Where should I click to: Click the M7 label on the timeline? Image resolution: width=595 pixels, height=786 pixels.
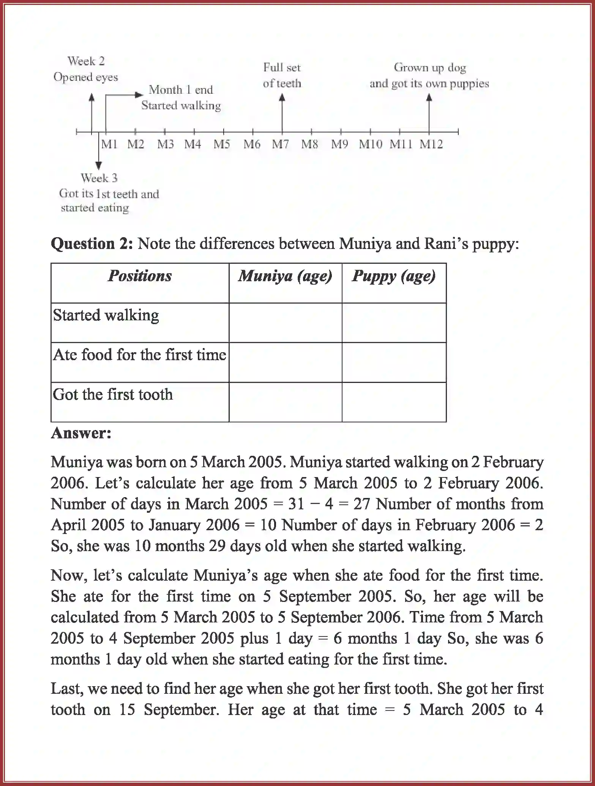[x=280, y=145]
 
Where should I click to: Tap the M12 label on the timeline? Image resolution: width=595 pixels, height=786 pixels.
[x=431, y=145]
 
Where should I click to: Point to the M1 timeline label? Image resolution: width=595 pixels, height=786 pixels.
[x=109, y=145]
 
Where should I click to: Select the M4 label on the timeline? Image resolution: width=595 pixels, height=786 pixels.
[x=193, y=145]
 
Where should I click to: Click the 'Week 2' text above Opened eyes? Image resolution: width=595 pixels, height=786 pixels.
[x=86, y=61]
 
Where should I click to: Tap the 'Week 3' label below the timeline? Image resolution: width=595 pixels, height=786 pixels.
[x=99, y=178]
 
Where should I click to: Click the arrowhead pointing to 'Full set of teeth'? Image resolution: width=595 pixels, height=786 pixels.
[x=282, y=98]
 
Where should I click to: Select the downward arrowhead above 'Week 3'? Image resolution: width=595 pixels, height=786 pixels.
[x=99, y=165]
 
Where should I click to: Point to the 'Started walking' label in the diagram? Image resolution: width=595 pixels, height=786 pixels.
[x=181, y=106]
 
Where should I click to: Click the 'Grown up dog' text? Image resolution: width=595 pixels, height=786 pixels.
[x=430, y=68]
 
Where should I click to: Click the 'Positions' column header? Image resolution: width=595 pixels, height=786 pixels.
[x=140, y=276]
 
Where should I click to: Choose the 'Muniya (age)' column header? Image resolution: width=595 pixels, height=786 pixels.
[x=285, y=276]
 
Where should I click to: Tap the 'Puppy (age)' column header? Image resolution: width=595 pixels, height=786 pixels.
[x=394, y=276]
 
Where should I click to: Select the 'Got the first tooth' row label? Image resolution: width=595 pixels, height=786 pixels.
[x=113, y=395]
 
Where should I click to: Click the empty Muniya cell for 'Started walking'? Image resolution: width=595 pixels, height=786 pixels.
[x=285, y=323]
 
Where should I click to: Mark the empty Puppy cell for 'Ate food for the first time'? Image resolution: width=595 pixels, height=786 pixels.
[x=394, y=362]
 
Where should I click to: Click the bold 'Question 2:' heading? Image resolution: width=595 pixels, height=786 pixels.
[x=92, y=243]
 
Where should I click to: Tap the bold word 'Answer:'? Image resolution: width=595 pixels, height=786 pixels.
[x=81, y=433]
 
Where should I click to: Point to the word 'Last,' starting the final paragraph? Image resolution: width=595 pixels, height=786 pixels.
[x=66, y=688]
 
